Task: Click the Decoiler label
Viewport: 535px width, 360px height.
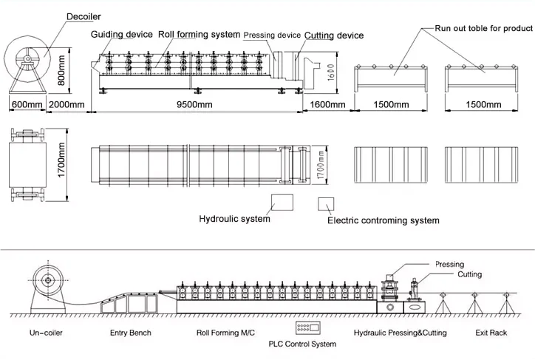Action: [84, 16]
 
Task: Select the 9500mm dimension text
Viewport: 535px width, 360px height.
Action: [194, 105]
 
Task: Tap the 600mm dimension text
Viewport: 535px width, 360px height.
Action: [27, 105]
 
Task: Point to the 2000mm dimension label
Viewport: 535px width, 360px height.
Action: [67, 105]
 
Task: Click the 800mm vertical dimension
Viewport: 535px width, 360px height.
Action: [61, 68]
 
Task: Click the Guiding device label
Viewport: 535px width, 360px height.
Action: [122, 35]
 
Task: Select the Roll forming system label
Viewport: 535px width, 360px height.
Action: [199, 35]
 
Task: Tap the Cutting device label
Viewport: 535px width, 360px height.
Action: [334, 35]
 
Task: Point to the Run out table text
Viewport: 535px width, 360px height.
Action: [483, 29]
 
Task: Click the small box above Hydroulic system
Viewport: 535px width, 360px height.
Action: [282, 202]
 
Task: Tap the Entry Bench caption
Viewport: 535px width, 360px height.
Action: [130, 333]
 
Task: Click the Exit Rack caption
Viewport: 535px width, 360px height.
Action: [491, 333]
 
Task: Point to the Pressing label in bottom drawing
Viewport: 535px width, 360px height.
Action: [449, 264]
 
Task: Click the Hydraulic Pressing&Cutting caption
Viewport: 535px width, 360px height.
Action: [400, 333]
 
